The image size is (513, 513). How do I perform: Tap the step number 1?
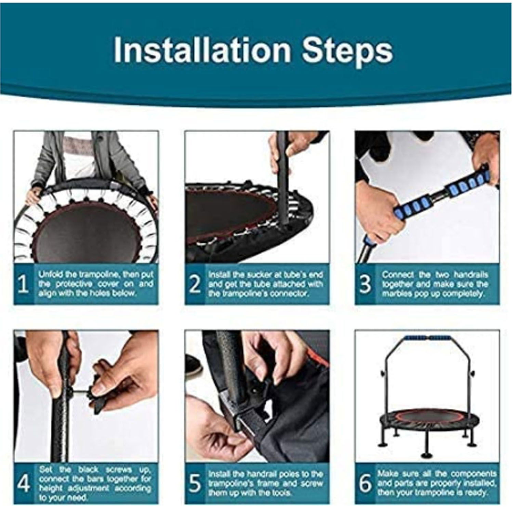point(23,284)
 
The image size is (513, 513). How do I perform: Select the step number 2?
point(195,284)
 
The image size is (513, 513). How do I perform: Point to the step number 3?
point(366,284)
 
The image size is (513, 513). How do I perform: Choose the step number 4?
point(24,483)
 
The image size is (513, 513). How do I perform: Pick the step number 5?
point(195,483)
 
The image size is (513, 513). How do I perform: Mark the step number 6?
point(366,483)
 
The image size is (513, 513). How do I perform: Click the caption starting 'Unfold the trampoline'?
point(96,284)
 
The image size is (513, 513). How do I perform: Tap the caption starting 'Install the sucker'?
point(265,284)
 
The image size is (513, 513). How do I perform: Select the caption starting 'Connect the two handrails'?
point(435,284)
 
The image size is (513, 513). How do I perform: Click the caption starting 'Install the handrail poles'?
point(265,483)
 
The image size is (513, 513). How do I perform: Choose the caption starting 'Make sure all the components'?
point(437,483)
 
